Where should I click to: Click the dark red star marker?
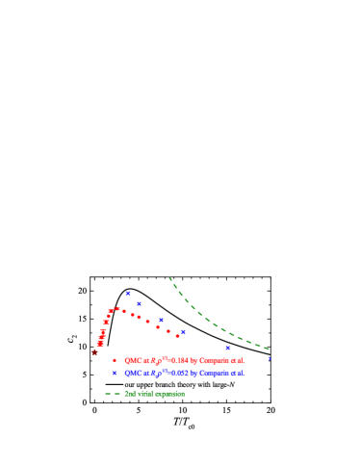click(x=94, y=352)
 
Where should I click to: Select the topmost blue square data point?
click(x=128, y=293)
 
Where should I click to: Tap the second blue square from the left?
click(x=139, y=303)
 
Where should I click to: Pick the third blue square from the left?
click(x=161, y=320)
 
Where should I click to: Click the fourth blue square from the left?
click(x=183, y=332)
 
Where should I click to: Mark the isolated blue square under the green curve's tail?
click(x=228, y=348)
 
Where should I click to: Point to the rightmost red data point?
click(x=178, y=336)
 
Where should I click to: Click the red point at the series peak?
click(x=117, y=308)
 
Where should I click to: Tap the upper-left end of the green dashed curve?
click(x=169, y=278)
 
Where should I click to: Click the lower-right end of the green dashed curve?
click(x=269, y=348)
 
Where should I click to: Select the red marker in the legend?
click(x=115, y=360)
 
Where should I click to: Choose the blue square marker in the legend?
click(x=115, y=373)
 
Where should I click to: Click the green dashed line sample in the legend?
click(x=113, y=394)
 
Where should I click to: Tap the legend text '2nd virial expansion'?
click(x=154, y=394)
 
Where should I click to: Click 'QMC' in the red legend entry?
click(x=132, y=360)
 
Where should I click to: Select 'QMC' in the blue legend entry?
click(x=132, y=373)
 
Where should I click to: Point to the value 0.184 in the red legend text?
click(x=179, y=360)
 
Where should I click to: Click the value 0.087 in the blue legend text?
click(x=179, y=373)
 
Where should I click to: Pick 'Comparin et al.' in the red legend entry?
click(x=220, y=360)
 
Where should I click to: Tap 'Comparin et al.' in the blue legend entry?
click(x=220, y=373)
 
